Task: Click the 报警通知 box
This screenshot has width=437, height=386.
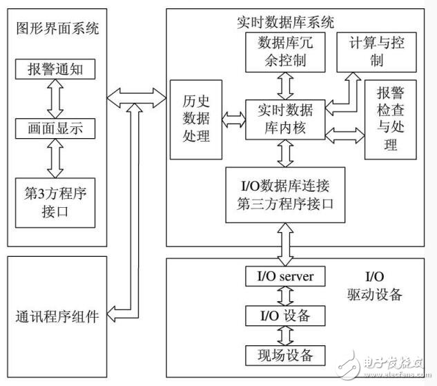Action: (57, 70)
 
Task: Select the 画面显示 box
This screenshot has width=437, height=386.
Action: (57, 128)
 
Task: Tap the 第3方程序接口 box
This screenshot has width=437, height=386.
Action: (57, 198)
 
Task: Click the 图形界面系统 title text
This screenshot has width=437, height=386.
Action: (57, 28)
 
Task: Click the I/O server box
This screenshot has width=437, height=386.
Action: (285, 277)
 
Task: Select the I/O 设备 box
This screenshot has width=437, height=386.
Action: (285, 316)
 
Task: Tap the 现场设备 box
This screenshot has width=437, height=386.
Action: (285, 356)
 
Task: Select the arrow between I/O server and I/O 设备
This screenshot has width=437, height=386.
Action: (285, 296)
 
